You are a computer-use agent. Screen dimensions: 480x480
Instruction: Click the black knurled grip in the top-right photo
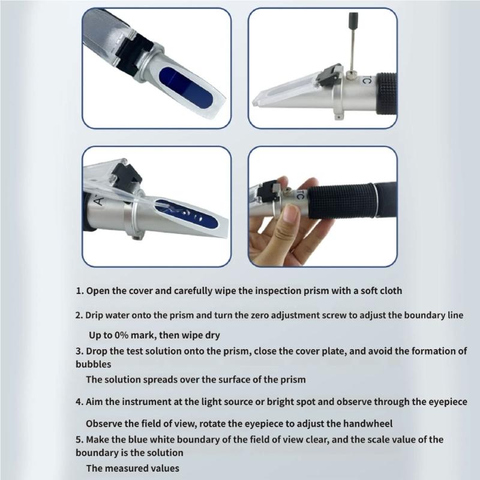click(384, 90)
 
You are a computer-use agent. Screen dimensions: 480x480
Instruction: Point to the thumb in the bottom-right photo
click(292, 220)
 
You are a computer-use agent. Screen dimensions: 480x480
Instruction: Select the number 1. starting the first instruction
click(79, 291)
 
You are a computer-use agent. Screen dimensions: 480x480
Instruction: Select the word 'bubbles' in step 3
click(93, 364)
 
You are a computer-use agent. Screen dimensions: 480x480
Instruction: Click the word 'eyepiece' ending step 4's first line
click(447, 401)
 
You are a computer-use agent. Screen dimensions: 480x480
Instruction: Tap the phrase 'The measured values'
click(132, 468)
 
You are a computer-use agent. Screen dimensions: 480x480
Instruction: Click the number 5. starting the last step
click(79, 439)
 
